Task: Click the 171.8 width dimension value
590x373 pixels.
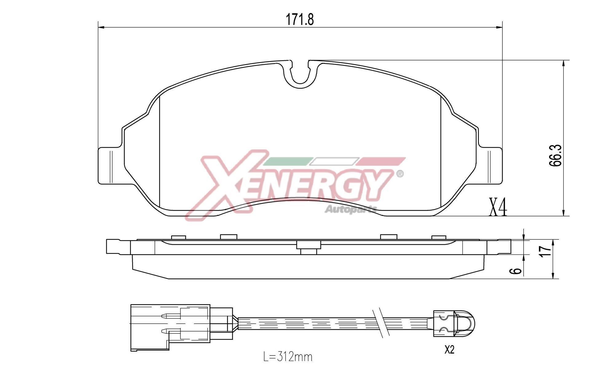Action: pos(300,20)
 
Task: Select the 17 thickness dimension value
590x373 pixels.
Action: pos(546,251)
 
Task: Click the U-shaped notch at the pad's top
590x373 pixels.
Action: pos(300,74)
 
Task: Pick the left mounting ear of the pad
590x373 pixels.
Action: pos(111,166)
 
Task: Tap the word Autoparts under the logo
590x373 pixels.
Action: pos(351,209)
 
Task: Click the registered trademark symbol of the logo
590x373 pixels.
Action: pos(400,174)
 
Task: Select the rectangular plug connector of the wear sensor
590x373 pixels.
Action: pos(171,328)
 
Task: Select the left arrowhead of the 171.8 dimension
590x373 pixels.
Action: pos(101,28)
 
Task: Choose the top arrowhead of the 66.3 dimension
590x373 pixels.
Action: pos(563,63)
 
